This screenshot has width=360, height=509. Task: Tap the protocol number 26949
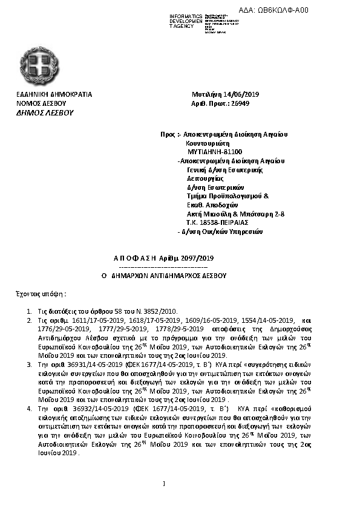pos(239,103)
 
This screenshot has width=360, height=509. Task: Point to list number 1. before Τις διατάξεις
pos(28,310)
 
